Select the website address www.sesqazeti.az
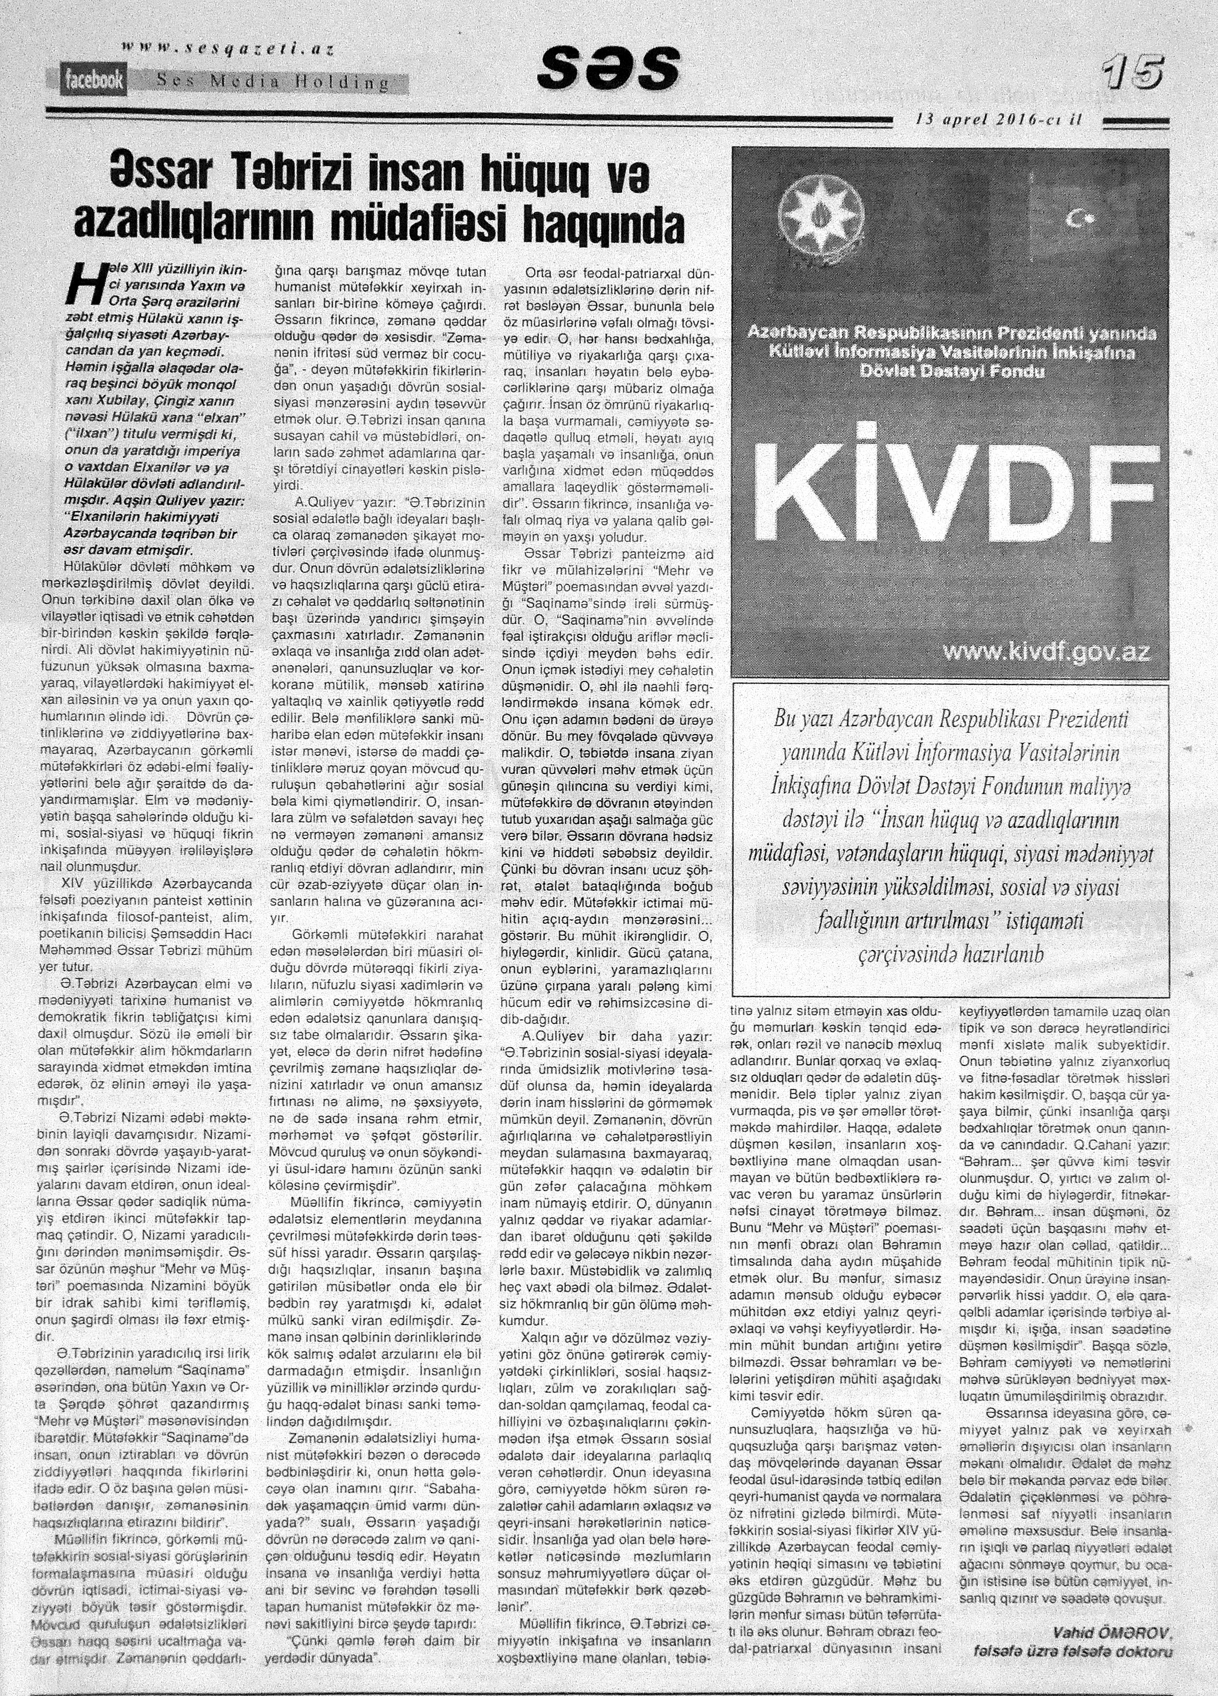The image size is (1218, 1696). tap(227, 49)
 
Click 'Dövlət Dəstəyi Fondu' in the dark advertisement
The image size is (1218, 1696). tap(951, 371)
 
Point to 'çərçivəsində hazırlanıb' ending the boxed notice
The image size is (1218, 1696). tap(950, 954)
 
